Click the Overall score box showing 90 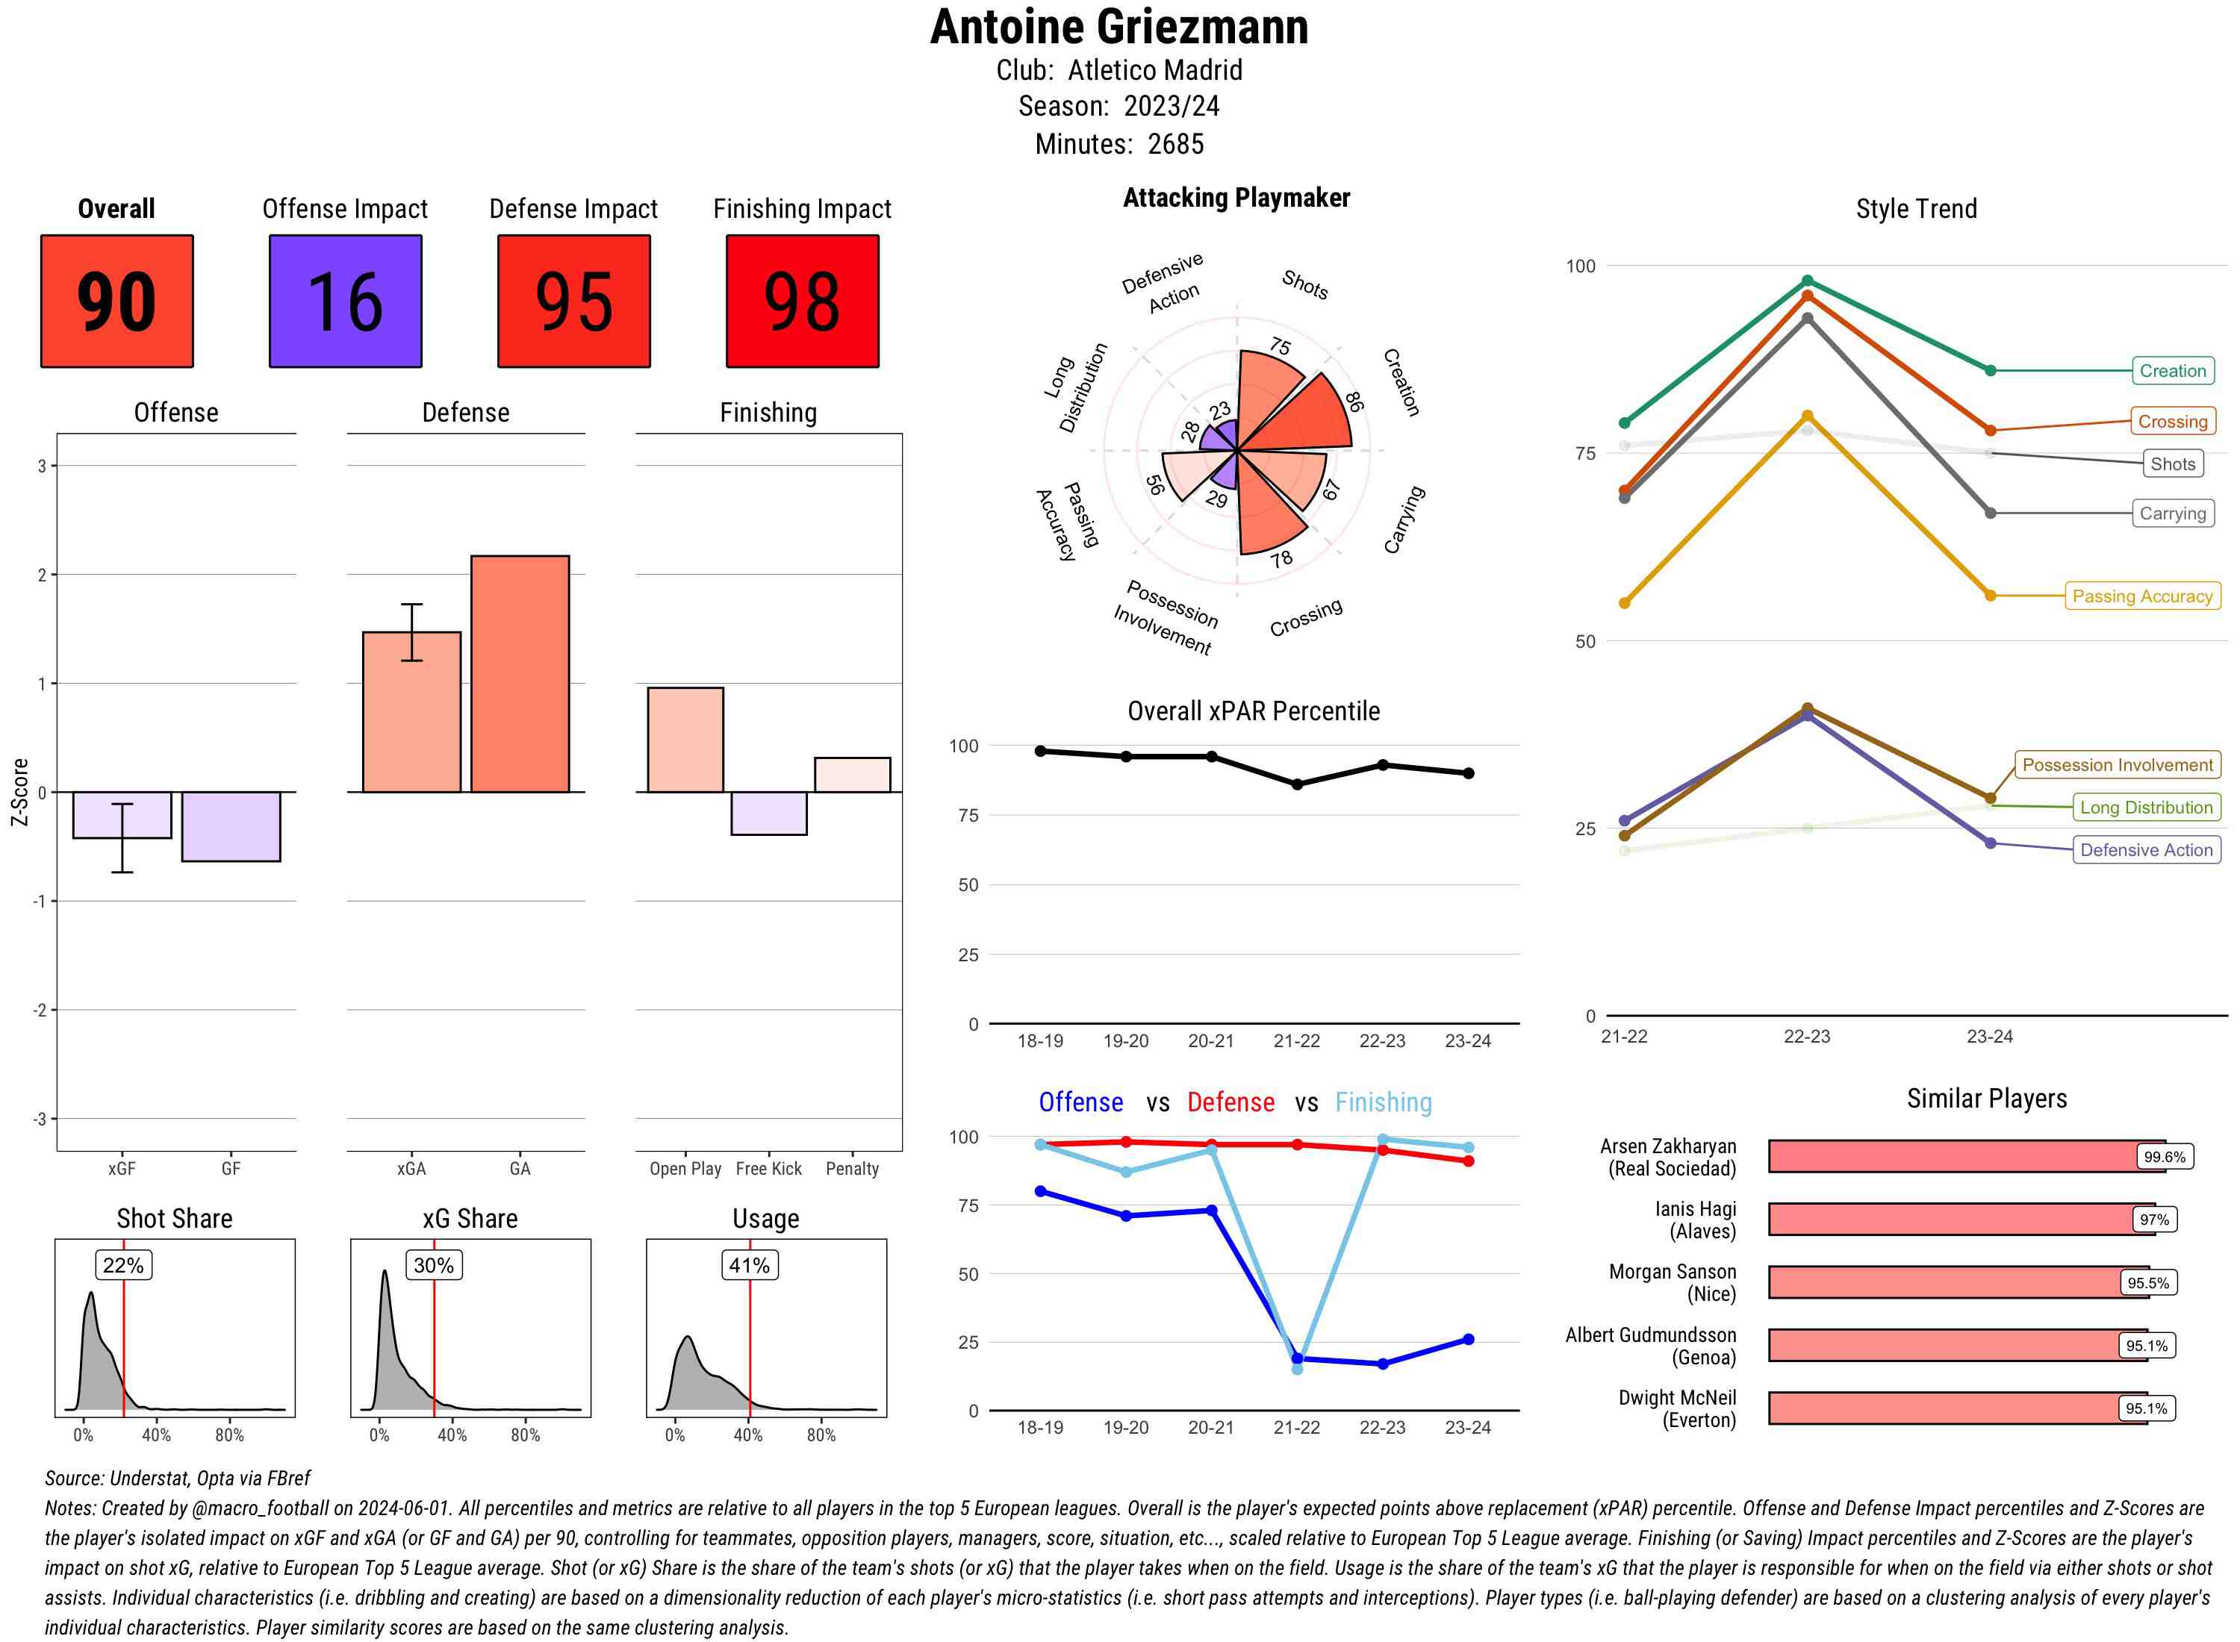(x=116, y=302)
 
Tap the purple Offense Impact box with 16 (x=345, y=302)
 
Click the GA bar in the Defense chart (x=520, y=674)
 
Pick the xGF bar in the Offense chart (x=122, y=815)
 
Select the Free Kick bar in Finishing (x=768, y=813)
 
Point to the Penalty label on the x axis (x=852, y=1169)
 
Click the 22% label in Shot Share (x=123, y=1265)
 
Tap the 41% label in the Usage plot (x=750, y=1265)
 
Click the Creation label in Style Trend (x=2172, y=371)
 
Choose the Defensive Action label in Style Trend (x=2146, y=850)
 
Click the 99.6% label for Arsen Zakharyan (x=2165, y=1157)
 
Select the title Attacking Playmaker (x=1236, y=198)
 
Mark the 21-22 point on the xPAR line (x=1296, y=784)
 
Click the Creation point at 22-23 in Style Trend (x=1806, y=281)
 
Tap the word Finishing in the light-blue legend (x=1383, y=1102)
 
